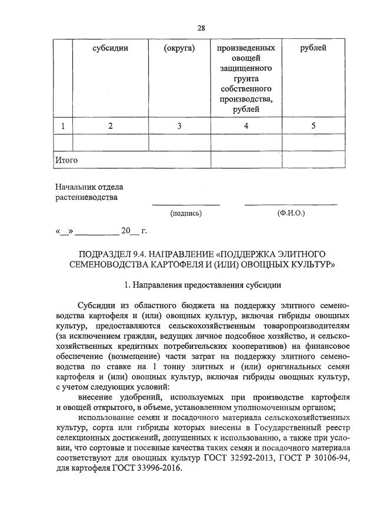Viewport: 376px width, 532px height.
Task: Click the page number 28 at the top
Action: pyautogui.click(x=201, y=27)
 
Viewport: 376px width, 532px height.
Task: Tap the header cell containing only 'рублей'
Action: pyautogui.click(x=313, y=48)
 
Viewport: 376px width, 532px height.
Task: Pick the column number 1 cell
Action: pyautogui.click(x=62, y=125)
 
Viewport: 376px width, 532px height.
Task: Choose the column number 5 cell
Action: pyautogui.click(x=313, y=125)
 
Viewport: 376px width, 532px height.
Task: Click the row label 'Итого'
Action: pyautogui.click(x=66, y=160)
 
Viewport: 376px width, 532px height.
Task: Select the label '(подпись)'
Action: pyautogui.click(x=186, y=213)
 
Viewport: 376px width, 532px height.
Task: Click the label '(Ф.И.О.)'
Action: pyautogui.click(x=291, y=213)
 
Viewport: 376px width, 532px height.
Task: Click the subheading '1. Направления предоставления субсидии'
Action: pyautogui.click(x=203, y=285)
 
